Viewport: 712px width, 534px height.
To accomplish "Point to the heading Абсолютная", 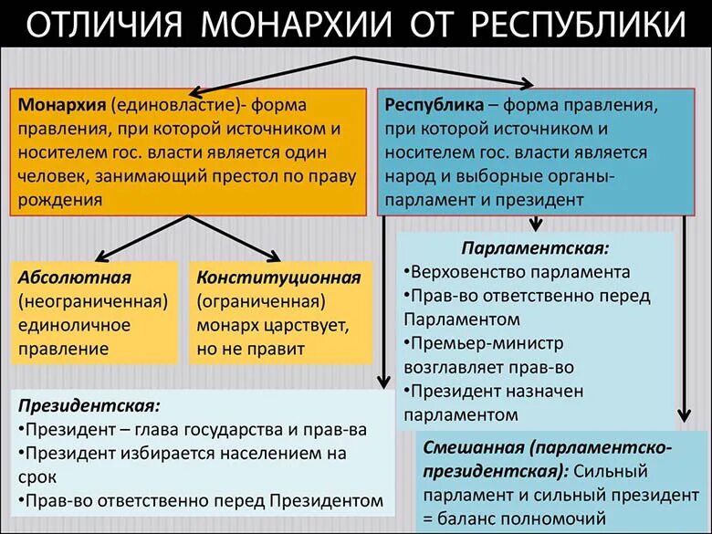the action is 74,277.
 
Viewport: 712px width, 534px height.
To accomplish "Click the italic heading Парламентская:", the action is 535,248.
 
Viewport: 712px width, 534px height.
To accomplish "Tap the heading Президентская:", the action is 89,404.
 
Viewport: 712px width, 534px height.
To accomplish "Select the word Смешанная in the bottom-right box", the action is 469,449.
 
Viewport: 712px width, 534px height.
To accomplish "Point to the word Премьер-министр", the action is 487,343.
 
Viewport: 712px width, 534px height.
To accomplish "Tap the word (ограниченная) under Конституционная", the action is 266,301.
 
